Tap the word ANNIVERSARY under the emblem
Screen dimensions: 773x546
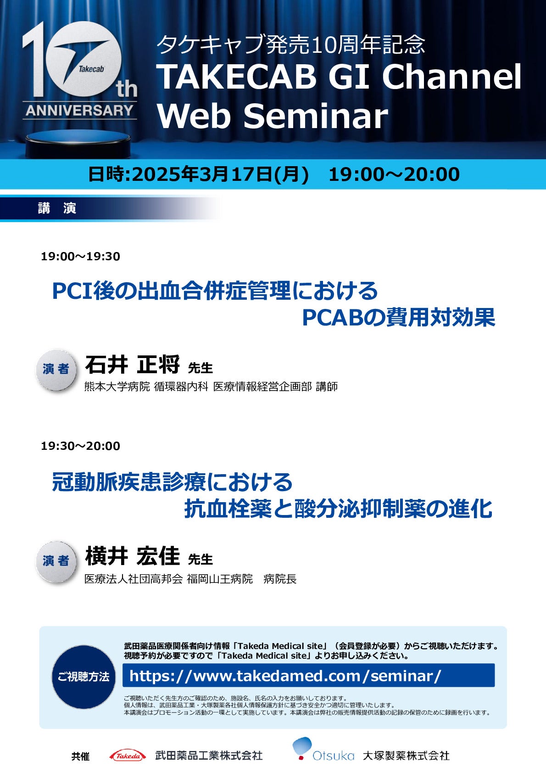pos(79,111)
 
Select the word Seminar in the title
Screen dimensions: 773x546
pos(316,116)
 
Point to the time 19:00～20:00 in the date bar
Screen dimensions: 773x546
pos(394,174)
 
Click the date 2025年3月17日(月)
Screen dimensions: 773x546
pos(220,174)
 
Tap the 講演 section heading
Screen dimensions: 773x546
pos(57,208)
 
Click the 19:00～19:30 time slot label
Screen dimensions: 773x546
pos(80,257)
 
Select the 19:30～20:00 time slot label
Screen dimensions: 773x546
pos(80,446)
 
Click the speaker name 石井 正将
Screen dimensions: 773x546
pos(132,365)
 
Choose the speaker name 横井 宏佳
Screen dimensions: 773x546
pos(132,556)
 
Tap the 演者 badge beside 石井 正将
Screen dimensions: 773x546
pos(56,370)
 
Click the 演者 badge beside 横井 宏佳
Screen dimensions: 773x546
pos(56,561)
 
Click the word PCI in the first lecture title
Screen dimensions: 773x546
pos(72,291)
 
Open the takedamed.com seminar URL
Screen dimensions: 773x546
pos(285,676)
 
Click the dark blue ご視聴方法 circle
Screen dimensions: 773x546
pos(84,677)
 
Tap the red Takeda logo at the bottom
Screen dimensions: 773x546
pos(128,756)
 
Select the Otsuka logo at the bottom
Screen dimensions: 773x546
pos(323,751)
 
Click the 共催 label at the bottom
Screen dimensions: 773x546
pos(80,756)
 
